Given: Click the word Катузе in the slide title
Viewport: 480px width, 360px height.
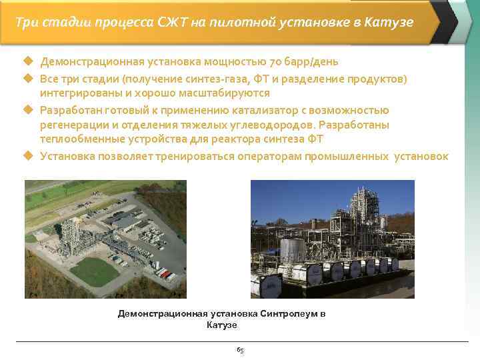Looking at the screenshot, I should (389, 22).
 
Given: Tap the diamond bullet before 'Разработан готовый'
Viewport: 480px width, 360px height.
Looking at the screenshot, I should (28, 110).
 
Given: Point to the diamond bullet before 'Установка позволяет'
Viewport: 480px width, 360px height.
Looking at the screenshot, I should (28, 157).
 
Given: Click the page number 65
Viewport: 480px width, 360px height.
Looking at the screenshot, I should (240, 349).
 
